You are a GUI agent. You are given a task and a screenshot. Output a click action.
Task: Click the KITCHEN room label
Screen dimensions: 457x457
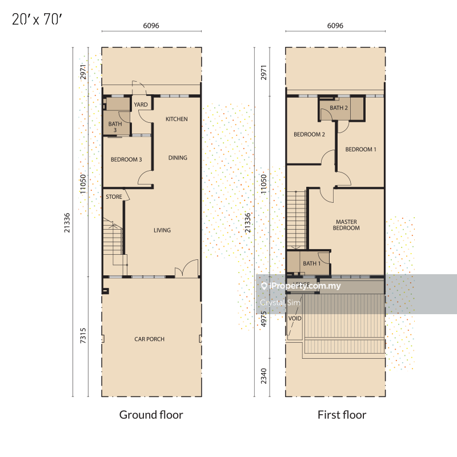coord(177,119)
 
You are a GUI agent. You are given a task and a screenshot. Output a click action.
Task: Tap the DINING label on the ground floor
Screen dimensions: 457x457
coord(178,158)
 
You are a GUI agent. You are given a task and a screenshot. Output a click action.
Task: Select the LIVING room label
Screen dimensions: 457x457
coord(162,230)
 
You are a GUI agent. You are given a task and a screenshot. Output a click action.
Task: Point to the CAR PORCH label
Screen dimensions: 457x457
coord(150,339)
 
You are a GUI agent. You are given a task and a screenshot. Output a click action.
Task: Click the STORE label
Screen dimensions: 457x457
coord(114,197)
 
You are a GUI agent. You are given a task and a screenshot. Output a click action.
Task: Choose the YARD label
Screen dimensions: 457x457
coord(141,105)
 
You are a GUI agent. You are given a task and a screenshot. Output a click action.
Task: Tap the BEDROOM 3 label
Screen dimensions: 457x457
coord(126,159)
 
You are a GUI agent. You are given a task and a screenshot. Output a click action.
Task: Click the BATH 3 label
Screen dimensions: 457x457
coord(115,127)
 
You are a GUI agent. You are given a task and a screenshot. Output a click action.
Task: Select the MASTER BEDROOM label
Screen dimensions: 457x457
coord(346,225)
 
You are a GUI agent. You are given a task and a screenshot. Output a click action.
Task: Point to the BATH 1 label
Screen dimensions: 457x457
coord(311,263)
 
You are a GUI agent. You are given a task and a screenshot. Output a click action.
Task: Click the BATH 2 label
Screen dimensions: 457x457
coord(339,108)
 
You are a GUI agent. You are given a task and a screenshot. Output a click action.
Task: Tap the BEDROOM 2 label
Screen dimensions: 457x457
coord(309,134)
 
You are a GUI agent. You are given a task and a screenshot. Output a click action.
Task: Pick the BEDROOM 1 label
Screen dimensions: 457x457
coord(361,149)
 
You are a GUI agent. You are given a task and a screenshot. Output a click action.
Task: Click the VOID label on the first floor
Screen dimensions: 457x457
coord(295,318)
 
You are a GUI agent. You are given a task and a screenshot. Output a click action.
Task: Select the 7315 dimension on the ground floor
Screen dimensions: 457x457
coord(83,335)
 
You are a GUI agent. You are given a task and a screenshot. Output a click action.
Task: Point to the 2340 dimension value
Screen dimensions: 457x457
coord(264,376)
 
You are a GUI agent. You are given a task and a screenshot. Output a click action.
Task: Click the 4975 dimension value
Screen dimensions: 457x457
coord(264,319)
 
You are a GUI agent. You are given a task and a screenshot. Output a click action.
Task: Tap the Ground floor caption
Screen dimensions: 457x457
coord(151,415)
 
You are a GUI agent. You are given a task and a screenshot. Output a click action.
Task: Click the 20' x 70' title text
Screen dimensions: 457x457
coord(37,19)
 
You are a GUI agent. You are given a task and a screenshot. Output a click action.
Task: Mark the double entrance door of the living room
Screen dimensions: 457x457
coord(187,268)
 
